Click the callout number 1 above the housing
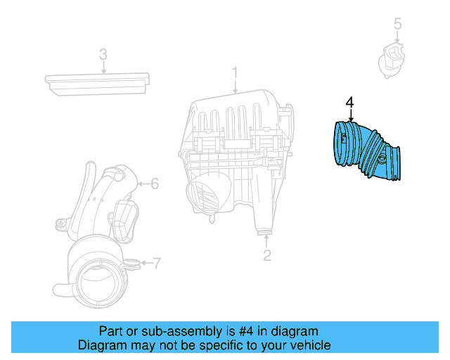tap(236, 72)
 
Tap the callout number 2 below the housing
tap(267, 255)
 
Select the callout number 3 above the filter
tap(103, 54)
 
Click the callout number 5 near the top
tap(397, 25)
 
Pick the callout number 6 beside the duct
tap(155, 184)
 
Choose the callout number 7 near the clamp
tap(156, 264)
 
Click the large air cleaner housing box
tap(239, 155)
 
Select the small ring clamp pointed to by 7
tap(131, 264)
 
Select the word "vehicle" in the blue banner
tap(309, 345)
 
